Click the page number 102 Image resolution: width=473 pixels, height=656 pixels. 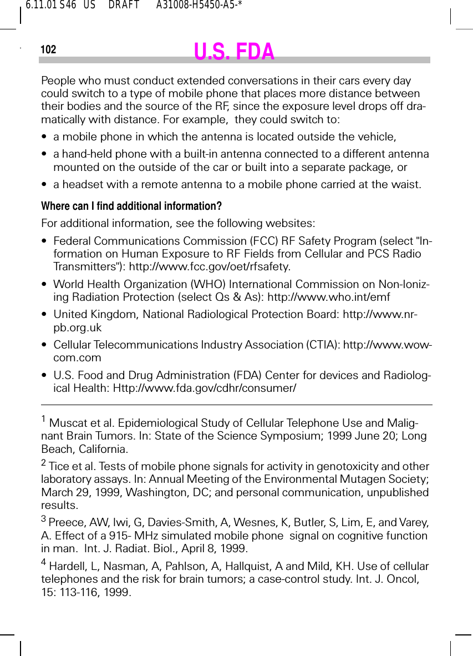click(48, 50)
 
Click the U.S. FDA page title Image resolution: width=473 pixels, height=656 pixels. click(234, 52)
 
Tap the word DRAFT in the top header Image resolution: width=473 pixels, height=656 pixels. click(124, 6)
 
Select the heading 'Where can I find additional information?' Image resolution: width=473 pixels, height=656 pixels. click(131, 206)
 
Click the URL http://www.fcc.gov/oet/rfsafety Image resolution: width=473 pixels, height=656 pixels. click(210, 266)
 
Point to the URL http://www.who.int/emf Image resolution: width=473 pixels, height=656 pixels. click(329, 297)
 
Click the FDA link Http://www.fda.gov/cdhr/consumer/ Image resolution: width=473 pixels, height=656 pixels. click(205, 387)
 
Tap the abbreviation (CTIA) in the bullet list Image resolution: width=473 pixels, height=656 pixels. click(323, 345)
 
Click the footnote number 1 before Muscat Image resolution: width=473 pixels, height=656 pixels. click(44, 419)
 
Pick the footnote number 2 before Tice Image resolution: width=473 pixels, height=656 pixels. click(44, 462)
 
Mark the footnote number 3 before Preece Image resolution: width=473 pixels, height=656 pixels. click(44, 519)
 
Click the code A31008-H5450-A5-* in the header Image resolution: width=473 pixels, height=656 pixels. click(200, 6)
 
